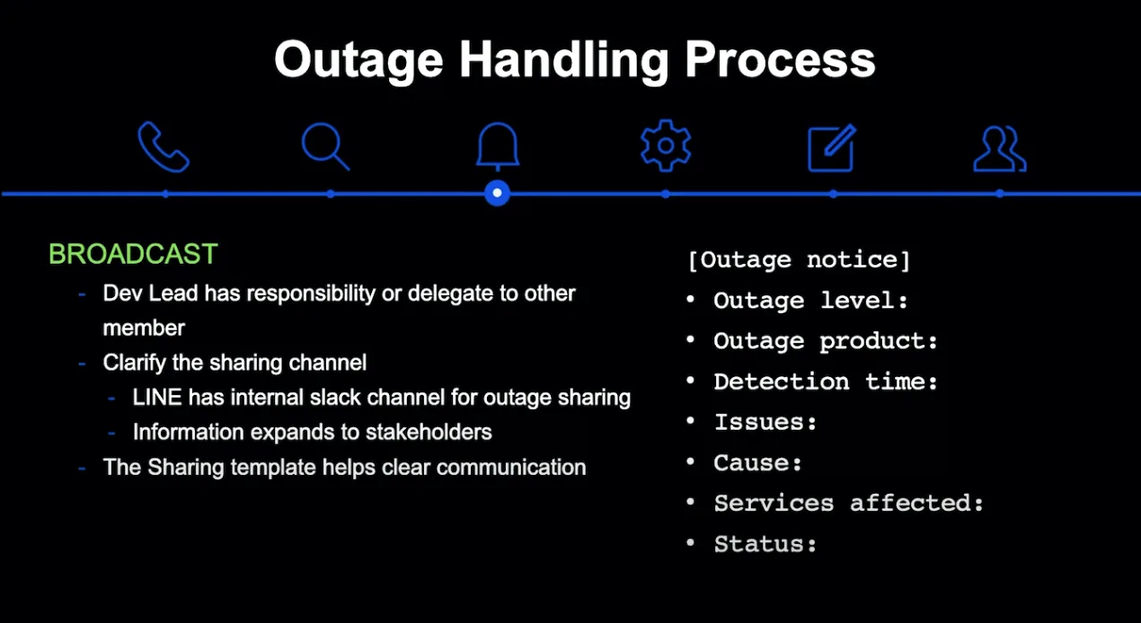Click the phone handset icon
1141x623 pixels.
coord(163,146)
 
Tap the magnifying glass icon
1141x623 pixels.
coord(325,146)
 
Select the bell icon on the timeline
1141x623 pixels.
coord(498,145)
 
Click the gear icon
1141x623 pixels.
coord(665,145)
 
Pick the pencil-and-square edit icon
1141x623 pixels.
coord(832,147)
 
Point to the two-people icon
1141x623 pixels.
coord(999,149)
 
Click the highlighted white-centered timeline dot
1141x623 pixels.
coord(497,193)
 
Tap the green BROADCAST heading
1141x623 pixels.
coord(133,253)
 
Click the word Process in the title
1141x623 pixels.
coord(779,59)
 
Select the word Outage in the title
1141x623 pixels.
coord(358,61)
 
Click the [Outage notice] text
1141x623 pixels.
coord(799,260)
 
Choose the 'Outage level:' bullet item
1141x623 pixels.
coord(810,301)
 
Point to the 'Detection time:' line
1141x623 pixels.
coord(825,382)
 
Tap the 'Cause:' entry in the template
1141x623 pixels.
coord(758,462)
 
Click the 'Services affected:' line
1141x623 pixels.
coord(849,504)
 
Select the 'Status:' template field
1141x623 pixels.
coord(765,544)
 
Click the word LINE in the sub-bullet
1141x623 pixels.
coord(157,397)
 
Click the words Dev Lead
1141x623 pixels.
coord(150,294)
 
